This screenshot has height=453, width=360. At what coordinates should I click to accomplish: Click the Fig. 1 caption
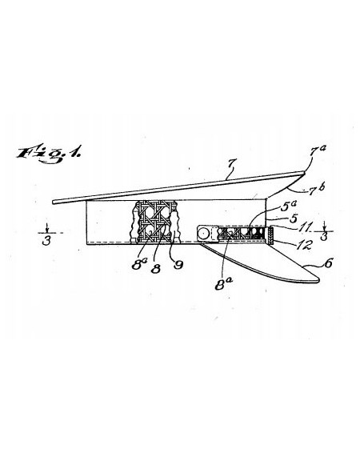tap(48, 154)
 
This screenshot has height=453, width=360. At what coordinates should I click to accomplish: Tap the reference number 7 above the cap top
tap(230, 165)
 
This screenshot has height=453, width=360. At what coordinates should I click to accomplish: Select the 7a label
tap(318, 150)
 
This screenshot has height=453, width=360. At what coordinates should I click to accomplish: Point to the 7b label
tap(317, 189)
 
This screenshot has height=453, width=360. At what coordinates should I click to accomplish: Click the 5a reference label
tap(288, 206)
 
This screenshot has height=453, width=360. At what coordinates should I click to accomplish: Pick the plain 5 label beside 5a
tap(294, 218)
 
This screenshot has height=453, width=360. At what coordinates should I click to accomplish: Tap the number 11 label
tap(305, 226)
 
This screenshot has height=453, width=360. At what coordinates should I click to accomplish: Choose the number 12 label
tap(304, 245)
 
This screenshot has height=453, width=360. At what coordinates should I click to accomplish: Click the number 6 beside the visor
tap(329, 263)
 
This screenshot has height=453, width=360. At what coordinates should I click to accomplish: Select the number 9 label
tap(178, 265)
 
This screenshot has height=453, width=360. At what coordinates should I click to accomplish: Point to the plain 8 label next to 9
tap(156, 269)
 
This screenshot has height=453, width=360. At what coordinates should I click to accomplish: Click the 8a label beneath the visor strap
tap(223, 284)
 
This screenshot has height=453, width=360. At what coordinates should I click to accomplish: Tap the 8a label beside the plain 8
tap(139, 264)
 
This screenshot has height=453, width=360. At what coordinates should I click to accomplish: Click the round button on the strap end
tap(204, 233)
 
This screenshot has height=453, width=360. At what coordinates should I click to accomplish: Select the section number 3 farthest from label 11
tap(46, 241)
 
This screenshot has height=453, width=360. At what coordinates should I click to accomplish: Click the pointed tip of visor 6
tap(318, 280)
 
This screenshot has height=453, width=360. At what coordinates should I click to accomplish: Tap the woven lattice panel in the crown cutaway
tap(157, 222)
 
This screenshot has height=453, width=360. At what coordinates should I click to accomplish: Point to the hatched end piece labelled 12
tap(270, 235)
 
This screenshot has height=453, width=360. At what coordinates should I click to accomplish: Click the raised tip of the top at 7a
tap(304, 173)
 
